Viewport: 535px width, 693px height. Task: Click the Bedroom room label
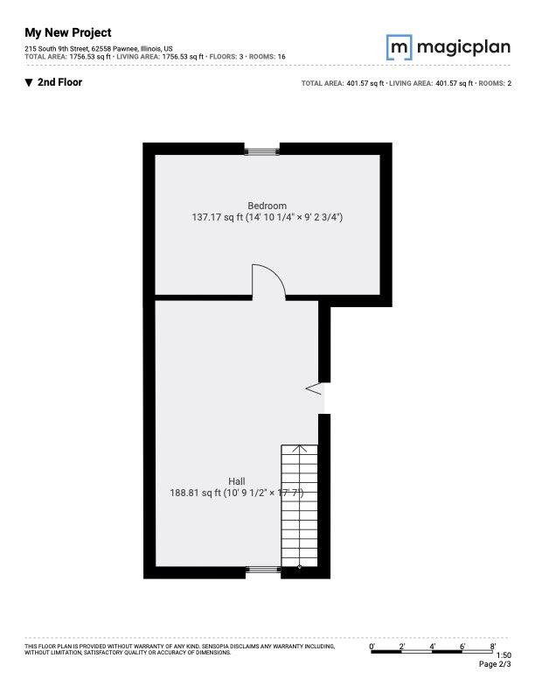[x=267, y=206]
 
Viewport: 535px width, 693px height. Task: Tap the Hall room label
[x=237, y=481]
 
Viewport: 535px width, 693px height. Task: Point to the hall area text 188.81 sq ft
[x=195, y=493]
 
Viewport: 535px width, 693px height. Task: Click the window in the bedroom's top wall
[x=262, y=151]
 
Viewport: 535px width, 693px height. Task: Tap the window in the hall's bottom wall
[x=263, y=570]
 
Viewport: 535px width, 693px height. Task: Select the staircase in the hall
[x=299, y=506]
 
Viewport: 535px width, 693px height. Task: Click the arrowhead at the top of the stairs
[x=300, y=448]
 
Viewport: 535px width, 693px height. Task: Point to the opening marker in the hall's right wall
[x=314, y=388]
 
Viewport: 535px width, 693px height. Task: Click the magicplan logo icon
[x=399, y=47]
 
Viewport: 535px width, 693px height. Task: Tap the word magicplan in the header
[x=463, y=47]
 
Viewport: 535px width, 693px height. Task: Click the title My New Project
[x=68, y=32]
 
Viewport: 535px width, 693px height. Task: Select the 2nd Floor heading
[x=60, y=82]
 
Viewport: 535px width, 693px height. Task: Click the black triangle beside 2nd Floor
[x=29, y=82]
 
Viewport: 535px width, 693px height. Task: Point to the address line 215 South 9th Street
[x=99, y=49]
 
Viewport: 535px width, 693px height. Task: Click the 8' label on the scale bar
[x=493, y=647]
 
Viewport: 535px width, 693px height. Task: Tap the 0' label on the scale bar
[x=372, y=647]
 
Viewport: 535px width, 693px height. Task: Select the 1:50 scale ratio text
[x=504, y=655]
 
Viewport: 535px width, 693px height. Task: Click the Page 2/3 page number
[x=495, y=664]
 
